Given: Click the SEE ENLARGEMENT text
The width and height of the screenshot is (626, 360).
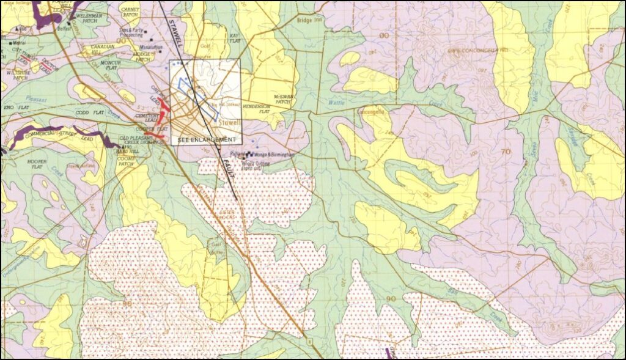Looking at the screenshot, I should (x=207, y=140).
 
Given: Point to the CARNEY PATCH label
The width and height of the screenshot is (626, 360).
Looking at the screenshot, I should (x=130, y=13).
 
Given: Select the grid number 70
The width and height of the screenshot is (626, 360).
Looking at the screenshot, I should (x=504, y=151).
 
